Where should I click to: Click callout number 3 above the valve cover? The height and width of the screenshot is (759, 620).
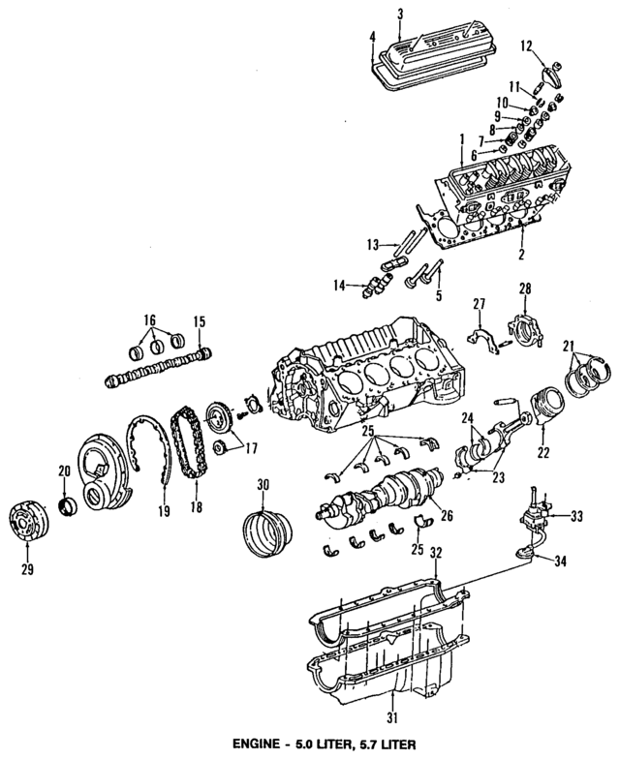tap(399, 13)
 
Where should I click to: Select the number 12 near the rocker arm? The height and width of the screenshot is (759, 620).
tap(526, 45)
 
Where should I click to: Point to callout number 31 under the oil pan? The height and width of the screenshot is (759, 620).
tap(392, 717)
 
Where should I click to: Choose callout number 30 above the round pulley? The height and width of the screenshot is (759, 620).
tap(261, 484)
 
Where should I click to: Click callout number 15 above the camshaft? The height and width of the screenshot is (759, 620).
tap(200, 320)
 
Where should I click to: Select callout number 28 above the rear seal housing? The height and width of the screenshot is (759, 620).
tap(525, 289)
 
